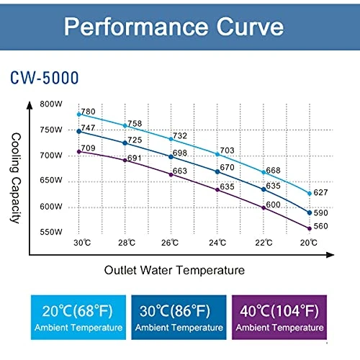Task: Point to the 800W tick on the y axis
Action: pyautogui.click(x=52, y=104)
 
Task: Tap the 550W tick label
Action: pyautogui.click(x=52, y=233)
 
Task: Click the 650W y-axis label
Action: pyautogui.click(x=52, y=181)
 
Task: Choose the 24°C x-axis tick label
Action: pyautogui.click(x=217, y=243)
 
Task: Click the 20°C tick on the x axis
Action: pyautogui.click(x=309, y=243)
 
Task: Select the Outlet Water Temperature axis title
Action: pyautogui.click(x=174, y=270)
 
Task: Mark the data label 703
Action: pyautogui.click(x=228, y=150)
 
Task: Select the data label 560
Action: pyautogui.click(x=320, y=225)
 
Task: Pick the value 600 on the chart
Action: pyautogui.click(x=273, y=205)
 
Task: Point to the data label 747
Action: pyautogui.click(x=89, y=127)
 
